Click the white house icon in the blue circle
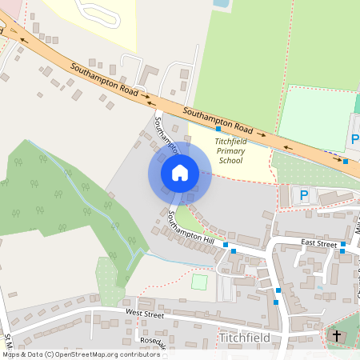180,173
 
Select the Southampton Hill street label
191,228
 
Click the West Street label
144,315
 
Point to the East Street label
319,242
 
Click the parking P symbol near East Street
303,194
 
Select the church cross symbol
336,336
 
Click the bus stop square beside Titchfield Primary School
218,129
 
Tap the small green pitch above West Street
199,282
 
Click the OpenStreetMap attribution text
70,354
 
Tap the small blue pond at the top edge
220,3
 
